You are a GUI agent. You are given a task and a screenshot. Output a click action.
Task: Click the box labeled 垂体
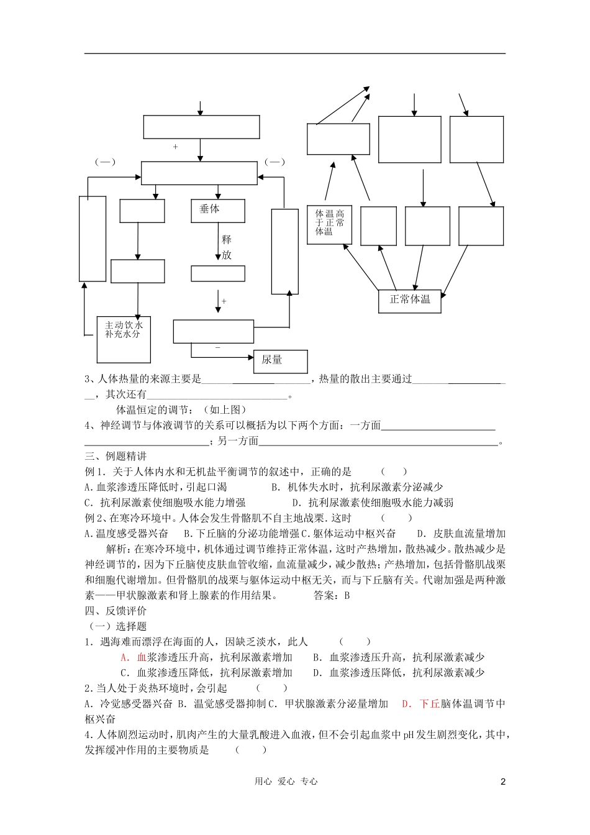tap(217, 211)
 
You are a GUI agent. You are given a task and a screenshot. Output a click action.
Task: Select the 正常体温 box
tap(409, 300)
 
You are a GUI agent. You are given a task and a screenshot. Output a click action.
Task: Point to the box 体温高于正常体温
tap(329, 223)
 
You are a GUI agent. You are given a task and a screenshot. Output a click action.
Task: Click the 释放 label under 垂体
tap(226, 247)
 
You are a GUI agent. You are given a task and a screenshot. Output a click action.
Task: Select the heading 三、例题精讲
tap(116, 457)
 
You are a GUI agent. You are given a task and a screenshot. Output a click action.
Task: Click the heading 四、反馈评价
tap(116, 611)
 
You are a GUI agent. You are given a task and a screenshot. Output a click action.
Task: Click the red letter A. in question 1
tap(125, 657)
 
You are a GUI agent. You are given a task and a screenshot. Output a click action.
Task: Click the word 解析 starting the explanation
tap(116, 549)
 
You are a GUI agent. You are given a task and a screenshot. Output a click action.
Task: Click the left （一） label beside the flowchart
tap(105, 162)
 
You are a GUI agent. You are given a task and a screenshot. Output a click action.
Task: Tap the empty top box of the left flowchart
tap(201, 127)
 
